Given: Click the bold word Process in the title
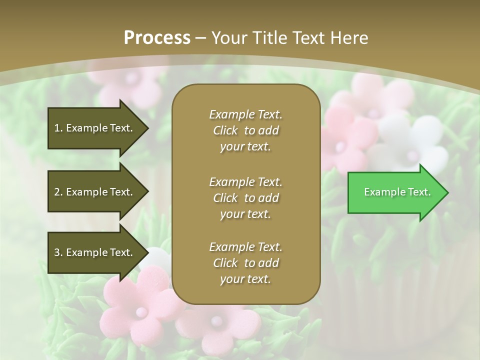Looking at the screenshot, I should tap(157, 37).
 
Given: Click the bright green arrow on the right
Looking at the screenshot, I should tap(395, 192).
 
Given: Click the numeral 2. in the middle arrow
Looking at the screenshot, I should tap(58, 192).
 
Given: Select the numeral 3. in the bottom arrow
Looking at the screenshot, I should tap(58, 252).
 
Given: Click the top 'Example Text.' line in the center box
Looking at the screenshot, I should tap(245, 114).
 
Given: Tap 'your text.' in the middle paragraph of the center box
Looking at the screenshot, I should tap(245, 214).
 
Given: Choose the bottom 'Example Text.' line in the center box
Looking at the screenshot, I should tap(245, 247).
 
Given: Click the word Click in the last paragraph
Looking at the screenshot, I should tap(225, 263).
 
